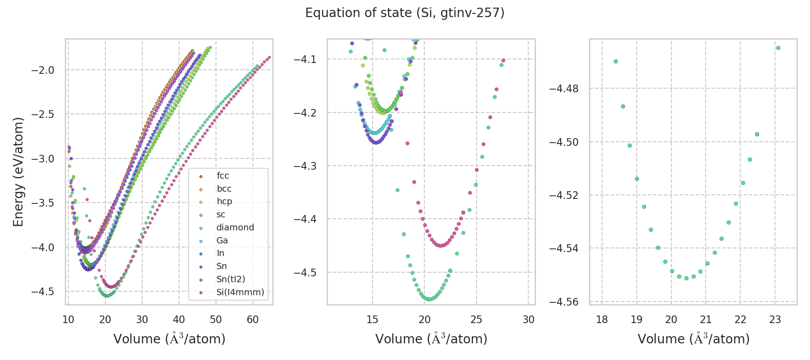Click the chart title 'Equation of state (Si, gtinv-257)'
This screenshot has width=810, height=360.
(405, 13)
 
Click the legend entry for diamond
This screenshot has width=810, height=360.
(235, 227)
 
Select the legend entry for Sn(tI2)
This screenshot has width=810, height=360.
(230, 279)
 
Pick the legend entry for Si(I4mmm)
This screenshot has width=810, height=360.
(240, 292)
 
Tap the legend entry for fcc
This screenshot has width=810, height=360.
(223, 175)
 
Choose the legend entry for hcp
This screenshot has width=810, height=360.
(224, 201)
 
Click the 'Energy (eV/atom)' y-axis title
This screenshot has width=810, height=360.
(18, 171)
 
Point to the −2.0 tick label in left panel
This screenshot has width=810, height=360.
(43, 70)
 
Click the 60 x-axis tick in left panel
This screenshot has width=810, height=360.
(253, 319)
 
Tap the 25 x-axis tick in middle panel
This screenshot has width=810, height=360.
(477, 319)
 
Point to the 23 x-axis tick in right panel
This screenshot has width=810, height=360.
(775, 319)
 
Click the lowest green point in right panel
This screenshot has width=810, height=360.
(686, 278)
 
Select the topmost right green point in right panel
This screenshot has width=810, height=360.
(778, 48)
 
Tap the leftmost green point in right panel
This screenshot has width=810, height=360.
(616, 61)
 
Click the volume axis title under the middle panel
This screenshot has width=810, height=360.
(431, 339)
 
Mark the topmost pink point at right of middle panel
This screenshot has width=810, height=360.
(503, 60)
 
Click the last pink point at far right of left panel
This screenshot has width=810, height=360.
(269, 57)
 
